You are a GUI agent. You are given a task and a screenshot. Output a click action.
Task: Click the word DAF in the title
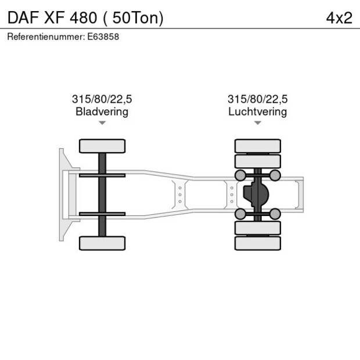[x=22, y=17]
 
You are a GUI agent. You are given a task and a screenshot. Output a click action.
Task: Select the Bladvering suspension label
[x=102, y=111]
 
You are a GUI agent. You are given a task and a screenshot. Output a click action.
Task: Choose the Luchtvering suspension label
[x=257, y=111]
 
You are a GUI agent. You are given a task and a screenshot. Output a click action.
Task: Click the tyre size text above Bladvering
[x=102, y=99]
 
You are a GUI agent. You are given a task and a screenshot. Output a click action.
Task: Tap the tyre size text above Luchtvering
[x=257, y=99]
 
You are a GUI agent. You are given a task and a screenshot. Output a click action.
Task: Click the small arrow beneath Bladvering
[x=102, y=123]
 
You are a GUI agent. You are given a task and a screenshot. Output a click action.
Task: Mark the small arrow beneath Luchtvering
[x=257, y=123]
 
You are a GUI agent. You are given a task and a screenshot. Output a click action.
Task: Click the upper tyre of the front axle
[x=102, y=146]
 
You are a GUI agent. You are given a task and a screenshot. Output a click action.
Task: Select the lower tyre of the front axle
[x=102, y=243]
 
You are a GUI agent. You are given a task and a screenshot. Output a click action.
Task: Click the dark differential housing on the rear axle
[x=255, y=195]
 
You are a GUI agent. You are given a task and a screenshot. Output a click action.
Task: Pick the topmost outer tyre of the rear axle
[x=257, y=145]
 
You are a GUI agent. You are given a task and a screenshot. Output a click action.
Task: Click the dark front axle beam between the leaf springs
[x=102, y=195]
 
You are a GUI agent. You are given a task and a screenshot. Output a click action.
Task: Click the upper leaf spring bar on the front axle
[x=102, y=175]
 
